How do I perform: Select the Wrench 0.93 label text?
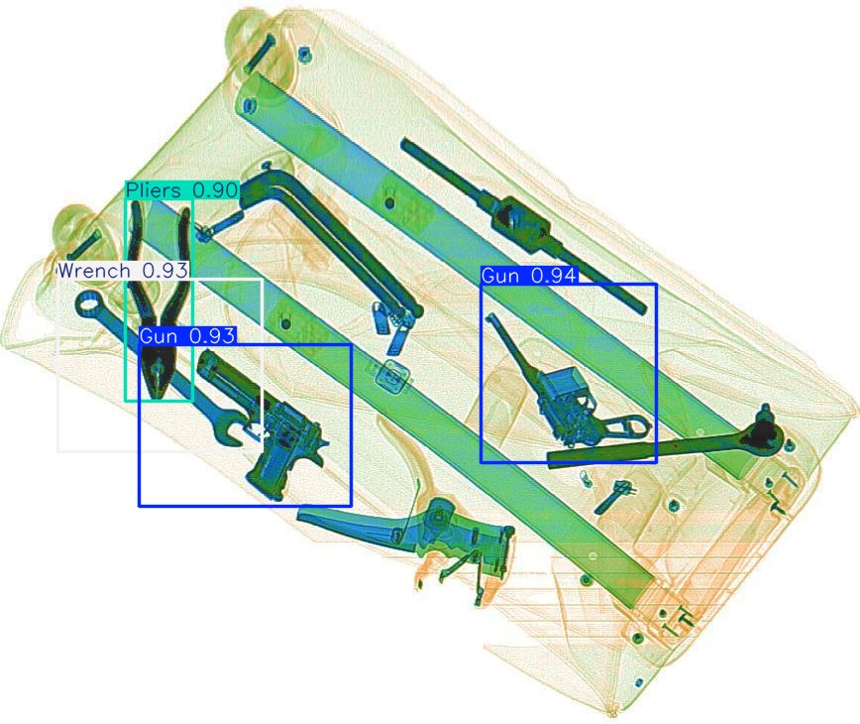(x=122, y=270)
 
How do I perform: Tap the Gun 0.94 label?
(x=528, y=276)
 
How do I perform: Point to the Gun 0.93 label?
(x=187, y=336)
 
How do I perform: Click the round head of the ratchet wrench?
(x=764, y=428)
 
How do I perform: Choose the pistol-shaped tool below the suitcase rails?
(x=436, y=536)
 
